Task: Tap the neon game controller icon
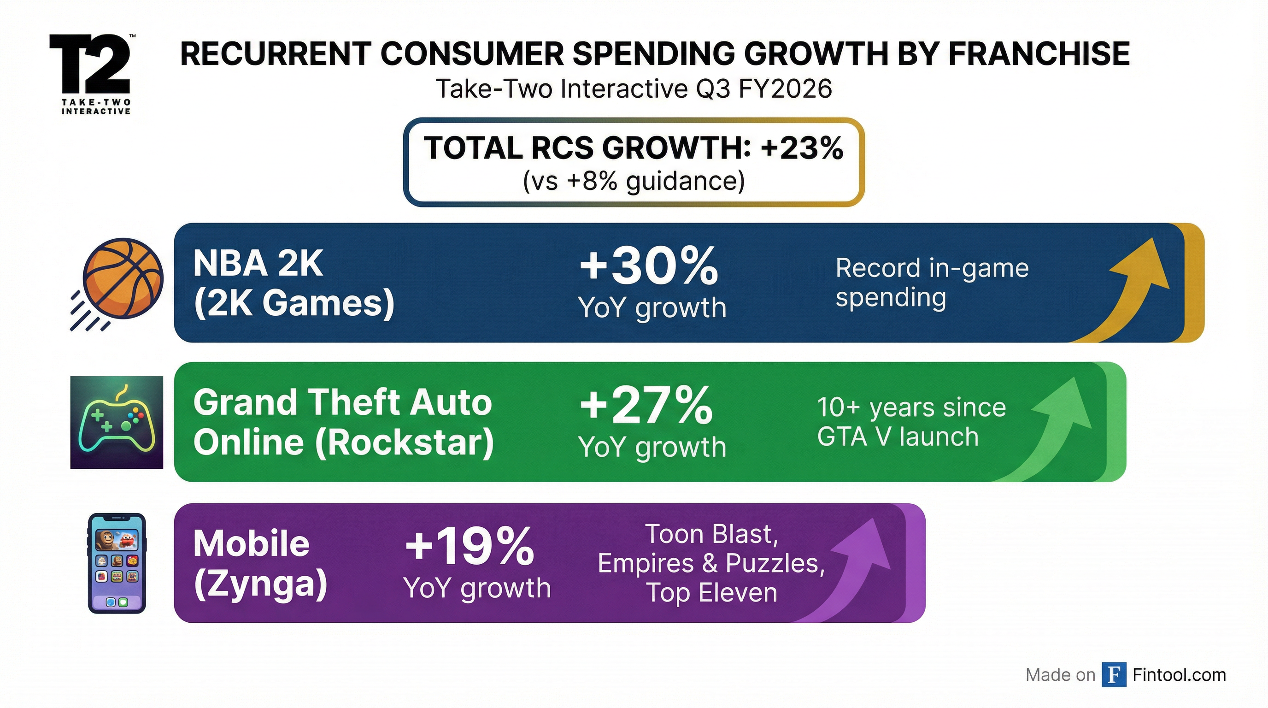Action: [117, 422]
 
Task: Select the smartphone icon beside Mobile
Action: [117, 563]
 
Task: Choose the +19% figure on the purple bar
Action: [469, 547]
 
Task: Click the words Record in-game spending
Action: [931, 283]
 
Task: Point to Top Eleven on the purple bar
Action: [711, 592]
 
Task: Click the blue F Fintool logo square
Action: [1114, 674]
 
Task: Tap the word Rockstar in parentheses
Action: [404, 442]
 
